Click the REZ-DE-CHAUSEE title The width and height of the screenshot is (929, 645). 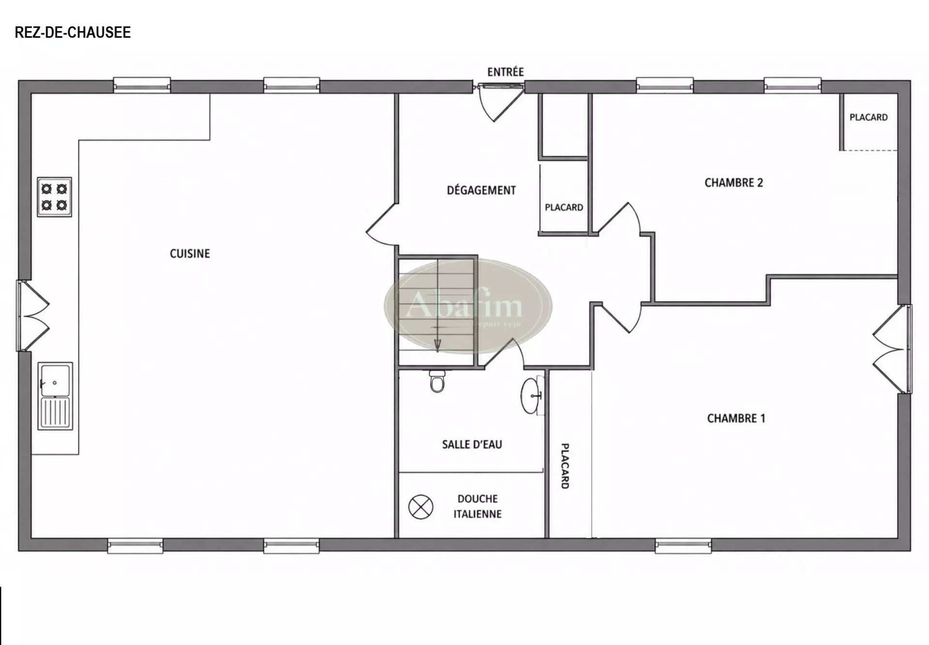pyautogui.click(x=73, y=32)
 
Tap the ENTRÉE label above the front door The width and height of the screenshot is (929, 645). pyautogui.click(x=506, y=72)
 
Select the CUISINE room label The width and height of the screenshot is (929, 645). pyautogui.click(x=190, y=253)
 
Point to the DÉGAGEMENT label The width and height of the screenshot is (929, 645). pyautogui.click(x=481, y=190)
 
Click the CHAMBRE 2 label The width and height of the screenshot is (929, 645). pyautogui.click(x=734, y=182)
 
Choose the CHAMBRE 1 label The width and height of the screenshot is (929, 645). pyautogui.click(x=736, y=418)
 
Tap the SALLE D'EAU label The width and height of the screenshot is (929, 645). pyautogui.click(x=472, y=444)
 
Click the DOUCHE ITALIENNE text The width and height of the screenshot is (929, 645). pyautogui.click(x=478, y=506)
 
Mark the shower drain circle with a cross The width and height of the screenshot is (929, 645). pyautogui.click(x=420, y=507)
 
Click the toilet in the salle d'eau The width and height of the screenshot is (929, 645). pyautogui.click(x=437, y=381)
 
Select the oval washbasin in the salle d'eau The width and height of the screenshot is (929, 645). pyautogui.click(x=532, y=396)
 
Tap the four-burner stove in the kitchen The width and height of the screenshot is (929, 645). pyautogui.click(x=55, y=197)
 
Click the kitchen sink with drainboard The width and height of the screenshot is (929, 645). pyautogui.click(x=56, y=396)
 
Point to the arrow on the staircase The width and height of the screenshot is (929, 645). pyautogui.click(x=437, y=305)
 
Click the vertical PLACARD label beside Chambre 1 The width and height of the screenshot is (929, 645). pyautogui.click(x=565, y=466)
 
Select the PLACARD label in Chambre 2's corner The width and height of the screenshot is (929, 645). pyautogui.click(x=869, y=117)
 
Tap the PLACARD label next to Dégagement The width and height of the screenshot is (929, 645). pyautogui.click(x=564, y=207)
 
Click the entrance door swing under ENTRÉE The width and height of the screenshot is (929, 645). pyautogui.click(x=500, y=103)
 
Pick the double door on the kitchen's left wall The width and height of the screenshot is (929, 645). pyautogui.click(x=34, y=316)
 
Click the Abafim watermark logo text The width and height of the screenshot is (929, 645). pyautogui.click(x=464, y=306)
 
